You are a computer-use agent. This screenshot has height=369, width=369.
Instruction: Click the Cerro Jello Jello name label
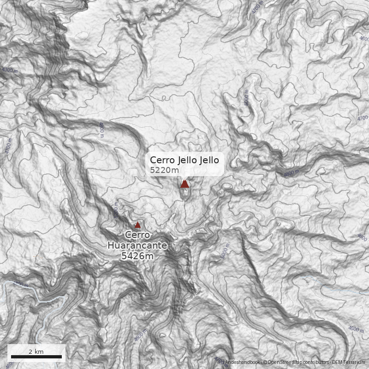[187, 160]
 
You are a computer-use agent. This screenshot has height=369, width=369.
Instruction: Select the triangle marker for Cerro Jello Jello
[185, 184]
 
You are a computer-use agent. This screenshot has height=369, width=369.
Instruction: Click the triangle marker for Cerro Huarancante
[137, 225]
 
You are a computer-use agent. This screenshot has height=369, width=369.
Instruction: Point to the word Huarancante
[137, 245]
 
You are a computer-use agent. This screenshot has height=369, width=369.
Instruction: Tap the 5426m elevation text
[137, 256]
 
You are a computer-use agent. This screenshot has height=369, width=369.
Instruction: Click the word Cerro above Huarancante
[137, 235]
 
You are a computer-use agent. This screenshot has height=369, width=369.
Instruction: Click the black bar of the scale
[36, 357]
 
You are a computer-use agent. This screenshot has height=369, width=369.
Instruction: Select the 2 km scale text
[36, 351]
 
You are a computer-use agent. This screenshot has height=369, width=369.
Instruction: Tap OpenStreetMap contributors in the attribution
[296, 363]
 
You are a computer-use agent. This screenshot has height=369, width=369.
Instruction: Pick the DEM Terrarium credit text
[349, 363]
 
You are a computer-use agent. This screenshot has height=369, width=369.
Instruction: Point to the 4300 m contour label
[10, 70]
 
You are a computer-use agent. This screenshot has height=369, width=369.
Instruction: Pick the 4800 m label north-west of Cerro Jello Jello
[101, 130]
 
